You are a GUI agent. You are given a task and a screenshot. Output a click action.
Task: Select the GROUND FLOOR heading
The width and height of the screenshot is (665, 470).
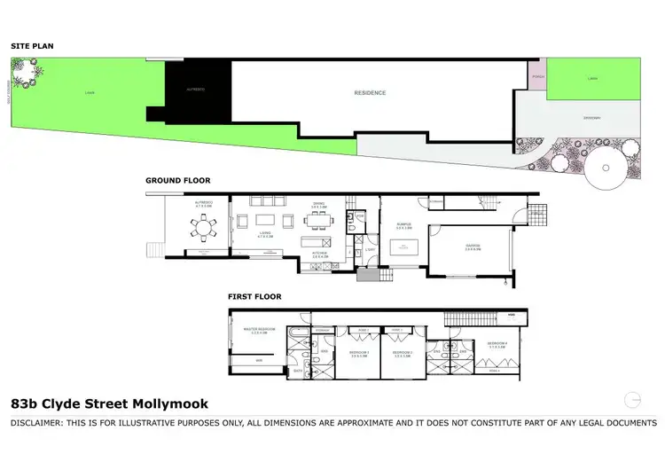tap(178, 180)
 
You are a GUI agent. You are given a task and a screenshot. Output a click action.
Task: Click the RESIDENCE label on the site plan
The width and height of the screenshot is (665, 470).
tap(370, 91)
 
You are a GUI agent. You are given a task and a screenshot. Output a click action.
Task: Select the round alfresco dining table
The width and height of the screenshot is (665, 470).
tap(205, 229)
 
